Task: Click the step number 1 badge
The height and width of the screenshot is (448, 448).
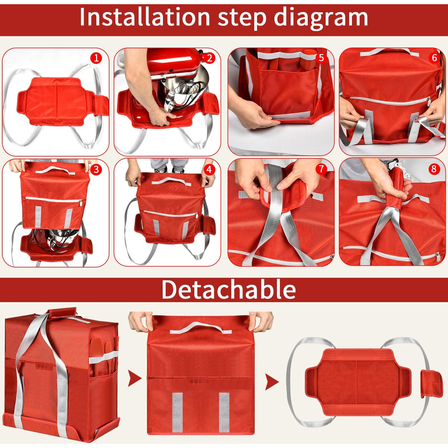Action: (x=96, y=58)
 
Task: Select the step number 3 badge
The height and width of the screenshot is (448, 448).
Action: (x=96, y=170)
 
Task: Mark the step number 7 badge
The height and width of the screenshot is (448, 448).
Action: (x=321, y=169)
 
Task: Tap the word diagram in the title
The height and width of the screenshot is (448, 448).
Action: (x=321, y=17)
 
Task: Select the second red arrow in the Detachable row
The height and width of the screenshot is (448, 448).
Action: (x=272, y=382)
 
